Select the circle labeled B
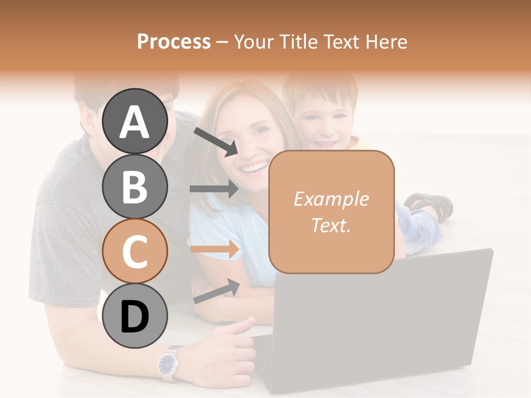click(135, 186)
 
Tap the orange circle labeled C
click(135, 251)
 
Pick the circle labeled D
click(135, 316)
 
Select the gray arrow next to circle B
click(215, 188)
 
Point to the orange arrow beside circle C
click(215, 249)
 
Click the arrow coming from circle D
click(216, 291)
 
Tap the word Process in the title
click(174, 41)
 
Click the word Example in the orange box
click(331, 199)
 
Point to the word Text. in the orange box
click(331, 225)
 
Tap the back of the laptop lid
click(382, 321)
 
